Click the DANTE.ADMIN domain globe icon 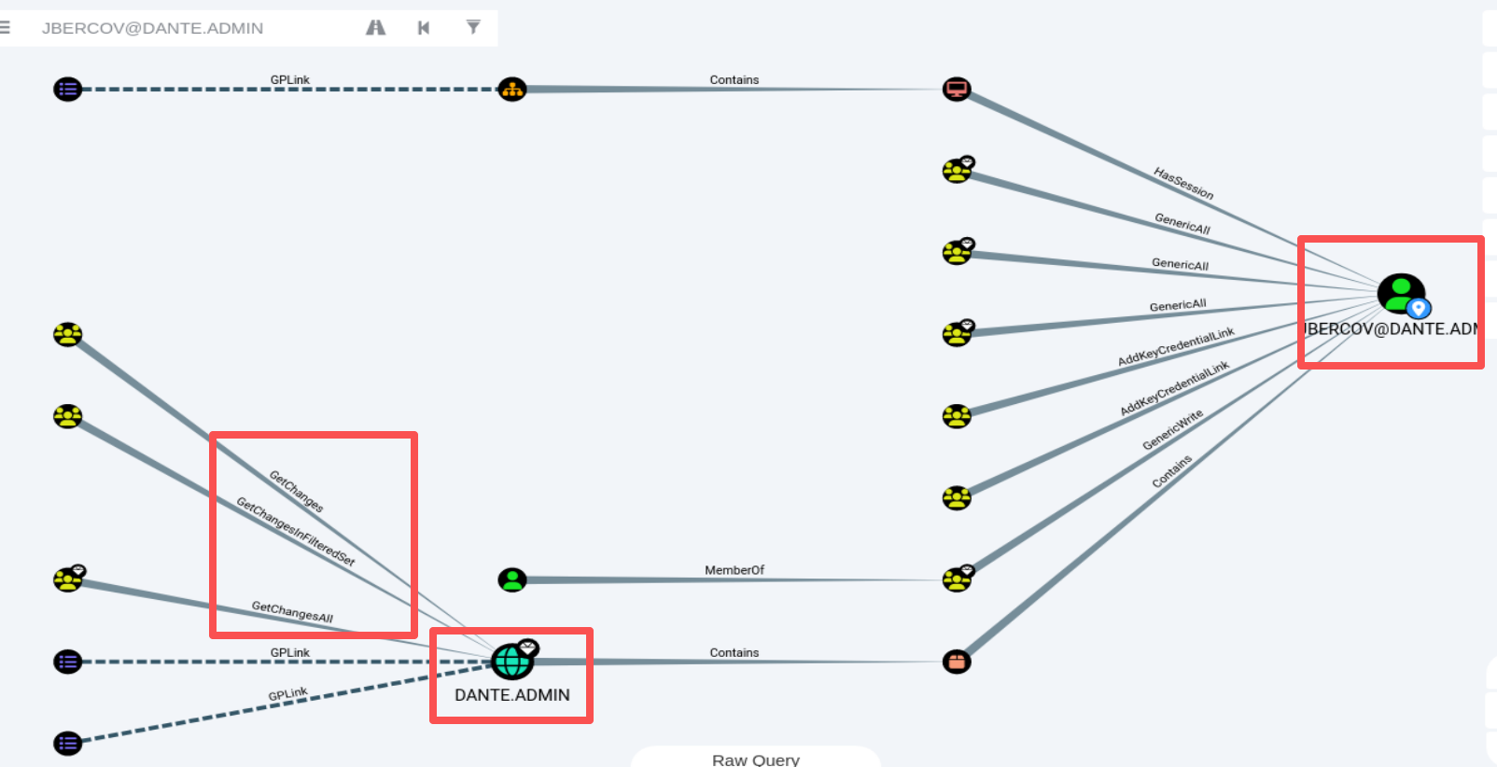click(512, 662)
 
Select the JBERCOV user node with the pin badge click(1402, 293)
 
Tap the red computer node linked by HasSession click(957, 89)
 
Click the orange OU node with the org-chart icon click(512, 89)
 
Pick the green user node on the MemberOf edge click(512, 579)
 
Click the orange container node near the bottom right click(957, 662)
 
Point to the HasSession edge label click(1183, 183)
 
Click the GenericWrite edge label click(1173, 429)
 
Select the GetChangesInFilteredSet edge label click(296, 532)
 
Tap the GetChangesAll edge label click(292, 611)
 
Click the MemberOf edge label click(734, 570)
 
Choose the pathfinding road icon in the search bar click(375, 27)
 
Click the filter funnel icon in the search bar click(473, 27)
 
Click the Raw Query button click(756, 758)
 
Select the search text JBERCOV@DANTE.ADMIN click(152, 28)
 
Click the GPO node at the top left click(67, 89)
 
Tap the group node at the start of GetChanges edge click(67, 334)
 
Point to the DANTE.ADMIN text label click(512, 695)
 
